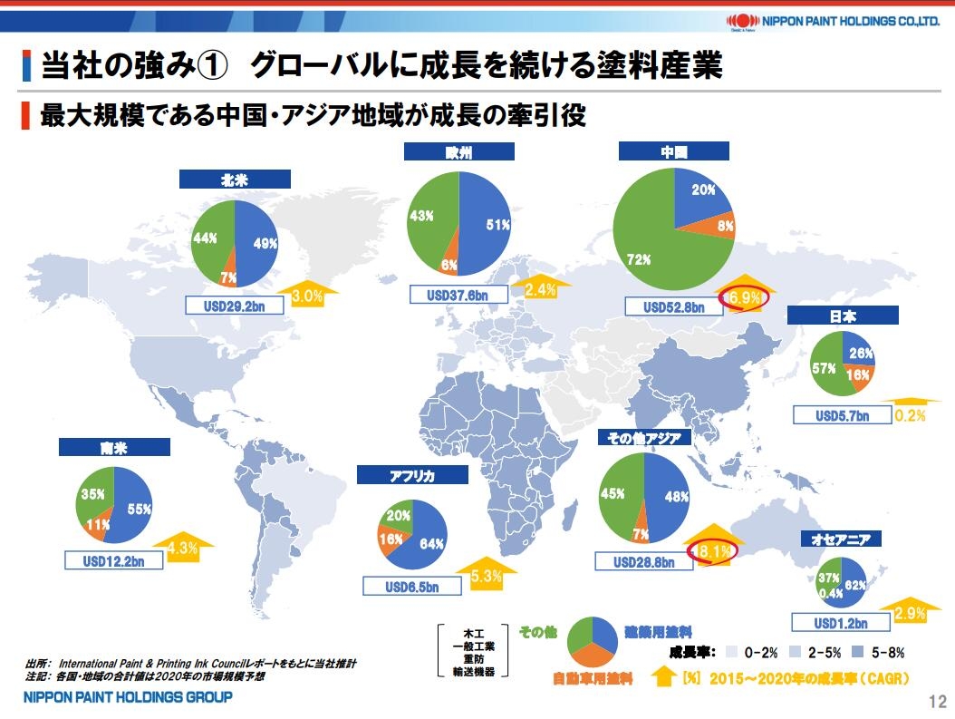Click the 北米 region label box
[234, 180]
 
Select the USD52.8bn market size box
[674, 306]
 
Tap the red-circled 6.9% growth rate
[743, 296]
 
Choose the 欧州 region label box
[458, 153]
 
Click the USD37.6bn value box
[457, 295]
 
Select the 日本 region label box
[842, 316]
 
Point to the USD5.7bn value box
[842, 415]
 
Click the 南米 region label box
[114, 447]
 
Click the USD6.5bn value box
[411, 587]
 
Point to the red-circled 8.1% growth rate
[715, 549]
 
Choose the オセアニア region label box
[841, 539]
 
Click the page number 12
[937, 701]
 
